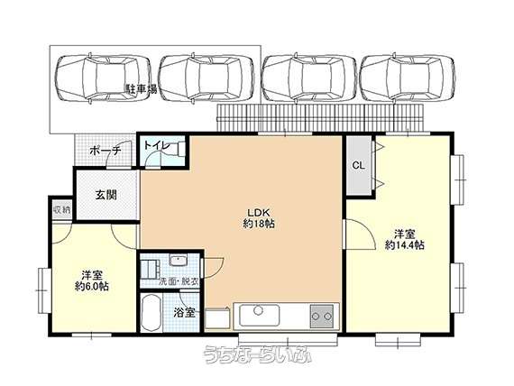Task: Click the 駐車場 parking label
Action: [x=142, y=89]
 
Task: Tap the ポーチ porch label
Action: [x=106, y=151]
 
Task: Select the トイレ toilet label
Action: [x=157, y=145]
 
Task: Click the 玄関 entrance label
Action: [x=106, y=195]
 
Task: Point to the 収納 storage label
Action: [x=62, y=209]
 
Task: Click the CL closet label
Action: [x=359, y=166]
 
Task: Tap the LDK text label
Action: [x=258, y=211]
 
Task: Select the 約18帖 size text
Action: [x=259, y=224]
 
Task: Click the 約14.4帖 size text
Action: [x=405, y=245]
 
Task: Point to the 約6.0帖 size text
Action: [x=92, y=286]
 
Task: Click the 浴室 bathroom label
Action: [x=185, y=313]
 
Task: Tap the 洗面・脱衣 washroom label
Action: [x=179, y=281]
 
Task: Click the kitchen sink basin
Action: [x=259, y=316]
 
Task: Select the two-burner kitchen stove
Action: [x=322, y=317]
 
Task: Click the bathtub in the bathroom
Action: [x=151, y=313]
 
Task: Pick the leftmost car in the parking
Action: [x=102, y=78]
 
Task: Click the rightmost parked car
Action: [x=408, y=78]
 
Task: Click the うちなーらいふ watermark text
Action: [x=257, y=354]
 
